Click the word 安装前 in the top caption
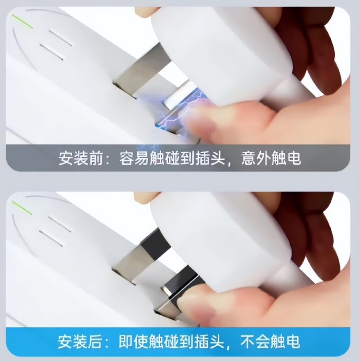(80, 158)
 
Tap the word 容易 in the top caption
(134, 158)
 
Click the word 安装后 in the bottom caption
(80, 341)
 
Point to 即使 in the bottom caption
(133, 341)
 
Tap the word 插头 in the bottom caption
(209, 341)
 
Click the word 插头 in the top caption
(210, 158)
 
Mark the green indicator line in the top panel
(22, 22)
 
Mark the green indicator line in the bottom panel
(22, 208)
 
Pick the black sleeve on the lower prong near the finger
(182, 284)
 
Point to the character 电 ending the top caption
(293, 158)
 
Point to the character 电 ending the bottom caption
(292, 341)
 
